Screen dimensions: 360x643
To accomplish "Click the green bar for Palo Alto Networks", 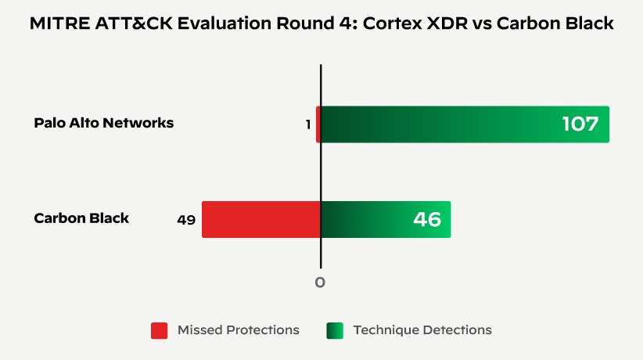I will click(x=465, y=124).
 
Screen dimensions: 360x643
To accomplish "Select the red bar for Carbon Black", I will click(x=261, y=219).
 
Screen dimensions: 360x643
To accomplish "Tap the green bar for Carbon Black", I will click(x=386, y=219).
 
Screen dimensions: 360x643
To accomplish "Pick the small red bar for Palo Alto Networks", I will click(x=318, y=124).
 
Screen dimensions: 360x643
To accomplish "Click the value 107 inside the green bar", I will click(x=580, y=124).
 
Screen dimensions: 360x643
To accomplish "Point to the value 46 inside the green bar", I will click(x=427, y=219).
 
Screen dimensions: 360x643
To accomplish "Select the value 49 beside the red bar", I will click(x=186, y=220).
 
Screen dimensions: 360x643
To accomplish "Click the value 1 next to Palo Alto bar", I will click(x=308, y=124).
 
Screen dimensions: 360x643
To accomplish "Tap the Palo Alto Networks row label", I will click(x=104, y=123).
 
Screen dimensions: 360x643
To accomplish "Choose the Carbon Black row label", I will click(x=81, y=218).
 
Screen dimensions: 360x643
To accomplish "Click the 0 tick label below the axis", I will click(x=320, y=283).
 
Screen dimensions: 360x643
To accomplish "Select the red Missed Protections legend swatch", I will click(x=160, y=330).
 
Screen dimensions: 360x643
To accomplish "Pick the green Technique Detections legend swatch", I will click(x=335, y=330).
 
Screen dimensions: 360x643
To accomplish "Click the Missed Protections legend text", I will click(x=238, y=330).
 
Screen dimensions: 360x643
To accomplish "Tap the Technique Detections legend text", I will click(x=422, y=330).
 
